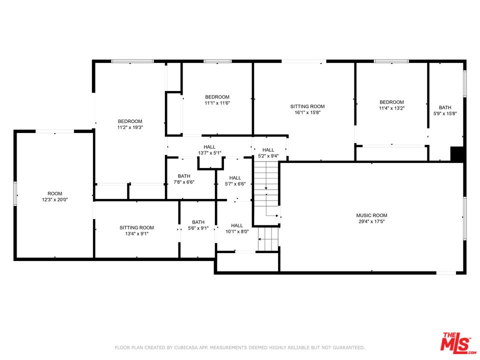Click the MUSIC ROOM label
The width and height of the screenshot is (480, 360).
coord(371,215)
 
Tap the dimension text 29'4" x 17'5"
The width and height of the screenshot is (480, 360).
coord(371,221)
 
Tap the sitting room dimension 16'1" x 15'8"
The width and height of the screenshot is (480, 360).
coord(307,112)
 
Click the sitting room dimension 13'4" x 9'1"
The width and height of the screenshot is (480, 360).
coord(136,233)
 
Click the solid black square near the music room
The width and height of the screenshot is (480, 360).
coord(457,154)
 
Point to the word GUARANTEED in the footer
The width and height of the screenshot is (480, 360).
coord(348,347)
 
